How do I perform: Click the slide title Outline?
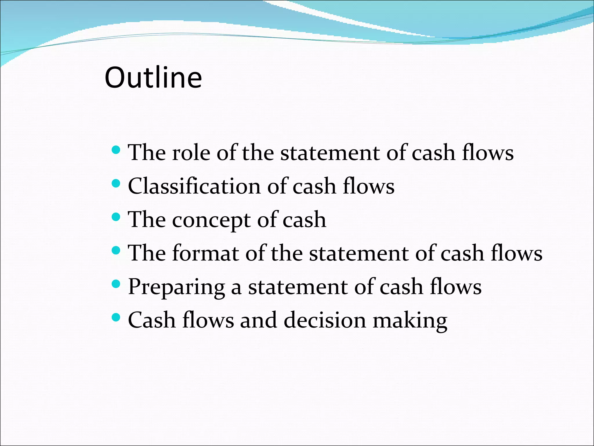[153, 78]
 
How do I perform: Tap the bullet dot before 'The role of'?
[116, 150]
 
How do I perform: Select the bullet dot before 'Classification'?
[116, 183]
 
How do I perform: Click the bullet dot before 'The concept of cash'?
[116, 217]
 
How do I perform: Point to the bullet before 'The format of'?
[116, 250]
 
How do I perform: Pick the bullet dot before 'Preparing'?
[116, 284]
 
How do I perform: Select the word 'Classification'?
[194, 186]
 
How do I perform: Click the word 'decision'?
[325, 320]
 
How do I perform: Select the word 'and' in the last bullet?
[258, 320]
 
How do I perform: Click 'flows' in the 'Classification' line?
[369, 186]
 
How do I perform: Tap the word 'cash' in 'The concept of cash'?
[304, 220]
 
